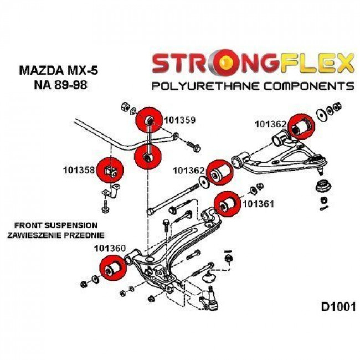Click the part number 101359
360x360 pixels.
click(x=181, y=118)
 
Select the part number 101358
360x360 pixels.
click(x=78, y=166)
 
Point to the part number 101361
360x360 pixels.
click(x=259, y=204)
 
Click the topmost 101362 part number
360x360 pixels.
click(x=271, y=125)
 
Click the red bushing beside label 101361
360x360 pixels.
click(x=227, y=204)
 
